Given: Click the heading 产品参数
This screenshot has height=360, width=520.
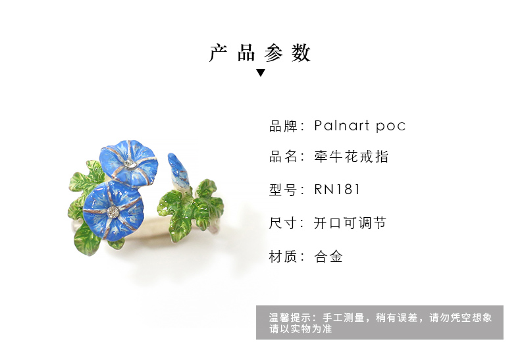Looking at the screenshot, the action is (260, 53).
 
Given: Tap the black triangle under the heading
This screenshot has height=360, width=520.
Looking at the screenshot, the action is (261, 72).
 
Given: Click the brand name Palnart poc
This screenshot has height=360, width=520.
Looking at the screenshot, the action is (360, 126).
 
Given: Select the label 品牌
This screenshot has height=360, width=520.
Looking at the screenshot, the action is (282, 126).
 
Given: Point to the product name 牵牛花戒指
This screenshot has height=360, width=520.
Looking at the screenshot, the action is (351, 157).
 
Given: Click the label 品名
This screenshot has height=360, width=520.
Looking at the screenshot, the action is (282, 157).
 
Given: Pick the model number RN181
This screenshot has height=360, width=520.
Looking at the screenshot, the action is (336, 190).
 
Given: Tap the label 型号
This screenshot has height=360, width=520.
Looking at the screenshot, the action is (282, 190).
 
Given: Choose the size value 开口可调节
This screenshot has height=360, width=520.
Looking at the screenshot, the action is (350, 222).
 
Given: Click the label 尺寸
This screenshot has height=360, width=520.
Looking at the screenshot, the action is (282, 222).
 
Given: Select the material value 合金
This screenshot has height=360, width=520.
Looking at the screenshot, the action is (328, 257).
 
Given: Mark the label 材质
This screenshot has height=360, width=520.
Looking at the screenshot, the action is (282, 257).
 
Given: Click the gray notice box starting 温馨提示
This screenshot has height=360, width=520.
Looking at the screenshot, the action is (380, 322).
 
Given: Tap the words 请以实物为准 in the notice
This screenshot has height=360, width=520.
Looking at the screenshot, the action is (300, 329).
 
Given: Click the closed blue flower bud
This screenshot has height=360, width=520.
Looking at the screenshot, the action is (178, 170).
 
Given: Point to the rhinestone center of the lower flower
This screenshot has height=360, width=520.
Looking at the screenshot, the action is (113, 211).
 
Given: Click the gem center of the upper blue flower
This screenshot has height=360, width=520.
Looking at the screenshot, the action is (128, 163).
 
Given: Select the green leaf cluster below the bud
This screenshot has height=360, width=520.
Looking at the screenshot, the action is (191, 208).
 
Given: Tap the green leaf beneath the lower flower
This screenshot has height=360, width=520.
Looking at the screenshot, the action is (87, 240).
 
